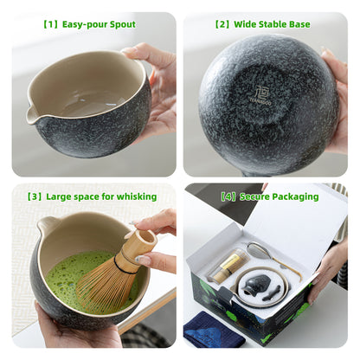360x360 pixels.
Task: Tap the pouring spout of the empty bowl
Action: [33, 115]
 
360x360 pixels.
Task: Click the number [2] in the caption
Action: [222, 24]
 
